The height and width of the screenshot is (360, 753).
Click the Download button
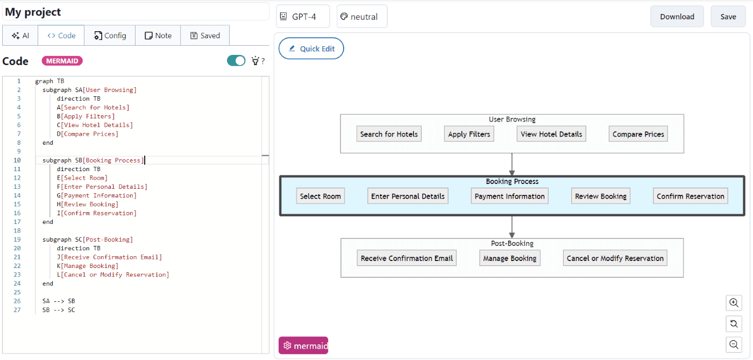pos(677,17)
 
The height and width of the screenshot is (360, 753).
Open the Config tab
pos(110,36)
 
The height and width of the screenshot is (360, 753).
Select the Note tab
pos(158,36)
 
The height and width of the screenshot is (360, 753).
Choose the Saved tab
pos(204,36)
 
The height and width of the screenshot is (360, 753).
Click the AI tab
pos(20,36)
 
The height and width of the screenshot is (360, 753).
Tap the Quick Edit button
pos(311,48)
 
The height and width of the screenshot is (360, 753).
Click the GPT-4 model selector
pos(303,17)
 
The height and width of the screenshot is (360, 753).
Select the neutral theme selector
pos(362,17)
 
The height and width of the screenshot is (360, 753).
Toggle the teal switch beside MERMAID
pos(236,61)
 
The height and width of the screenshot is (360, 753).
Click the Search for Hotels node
pos(388,134)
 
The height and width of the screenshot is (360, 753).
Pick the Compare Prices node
pos(638,134)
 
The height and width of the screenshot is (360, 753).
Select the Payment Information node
pos(509,196)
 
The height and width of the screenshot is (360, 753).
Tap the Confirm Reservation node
pos(690,196)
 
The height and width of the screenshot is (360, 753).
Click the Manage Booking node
pos(509,258)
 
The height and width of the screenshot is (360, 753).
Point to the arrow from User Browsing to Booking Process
pos(512,164)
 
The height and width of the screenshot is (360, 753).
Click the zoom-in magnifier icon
pos(734,303)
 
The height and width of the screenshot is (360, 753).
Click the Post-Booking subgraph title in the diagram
pos(512,244)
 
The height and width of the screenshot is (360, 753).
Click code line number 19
pos(18,239)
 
